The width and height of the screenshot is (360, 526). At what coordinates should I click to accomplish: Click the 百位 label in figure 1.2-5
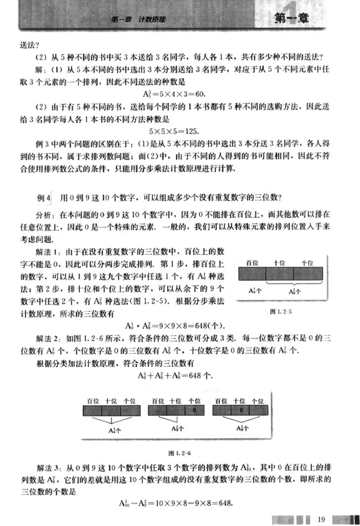coord(252,263)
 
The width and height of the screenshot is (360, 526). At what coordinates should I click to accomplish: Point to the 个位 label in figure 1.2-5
coord(307,263)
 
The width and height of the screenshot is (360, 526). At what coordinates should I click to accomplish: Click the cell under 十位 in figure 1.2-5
coord(279,274)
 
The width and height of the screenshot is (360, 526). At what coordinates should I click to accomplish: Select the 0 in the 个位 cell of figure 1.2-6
coord(193,410)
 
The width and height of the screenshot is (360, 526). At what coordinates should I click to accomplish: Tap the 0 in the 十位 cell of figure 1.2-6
coord(241,410)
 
